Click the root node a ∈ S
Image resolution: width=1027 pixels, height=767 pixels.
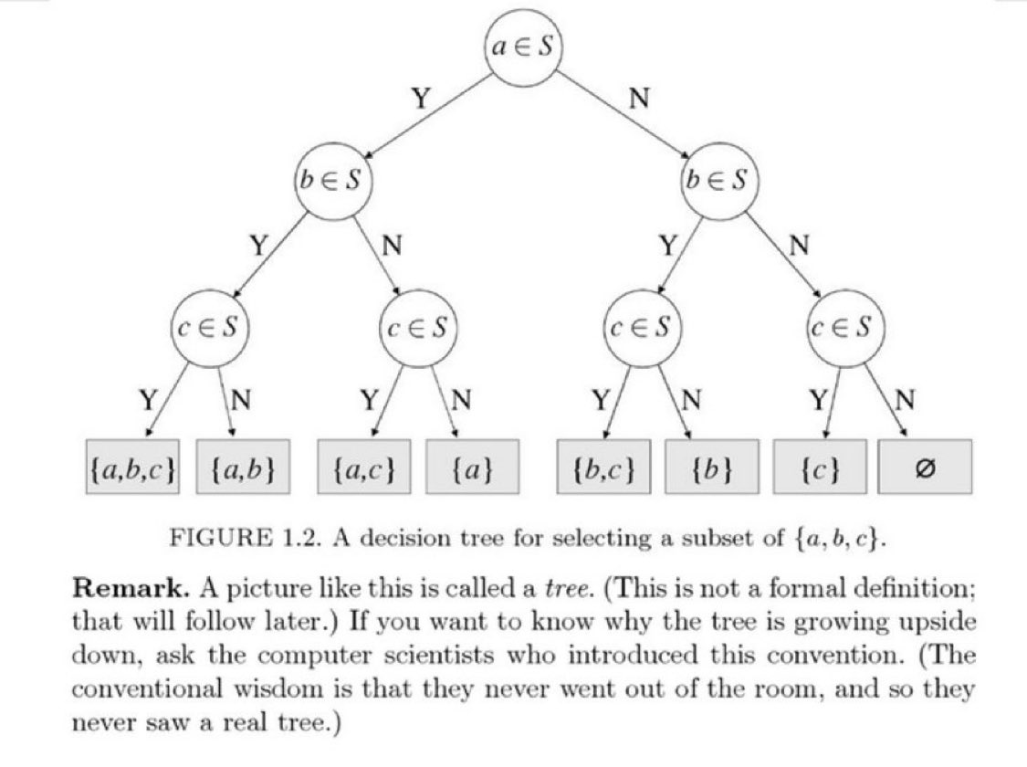coord(521,48)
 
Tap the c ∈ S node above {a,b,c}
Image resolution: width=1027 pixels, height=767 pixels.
coord(211,326)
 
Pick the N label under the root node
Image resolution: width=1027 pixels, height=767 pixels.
coord(640,99)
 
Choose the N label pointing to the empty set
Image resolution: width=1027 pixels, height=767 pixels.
coord(906,399)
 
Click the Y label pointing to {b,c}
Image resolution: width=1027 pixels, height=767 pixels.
coord(600,399)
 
